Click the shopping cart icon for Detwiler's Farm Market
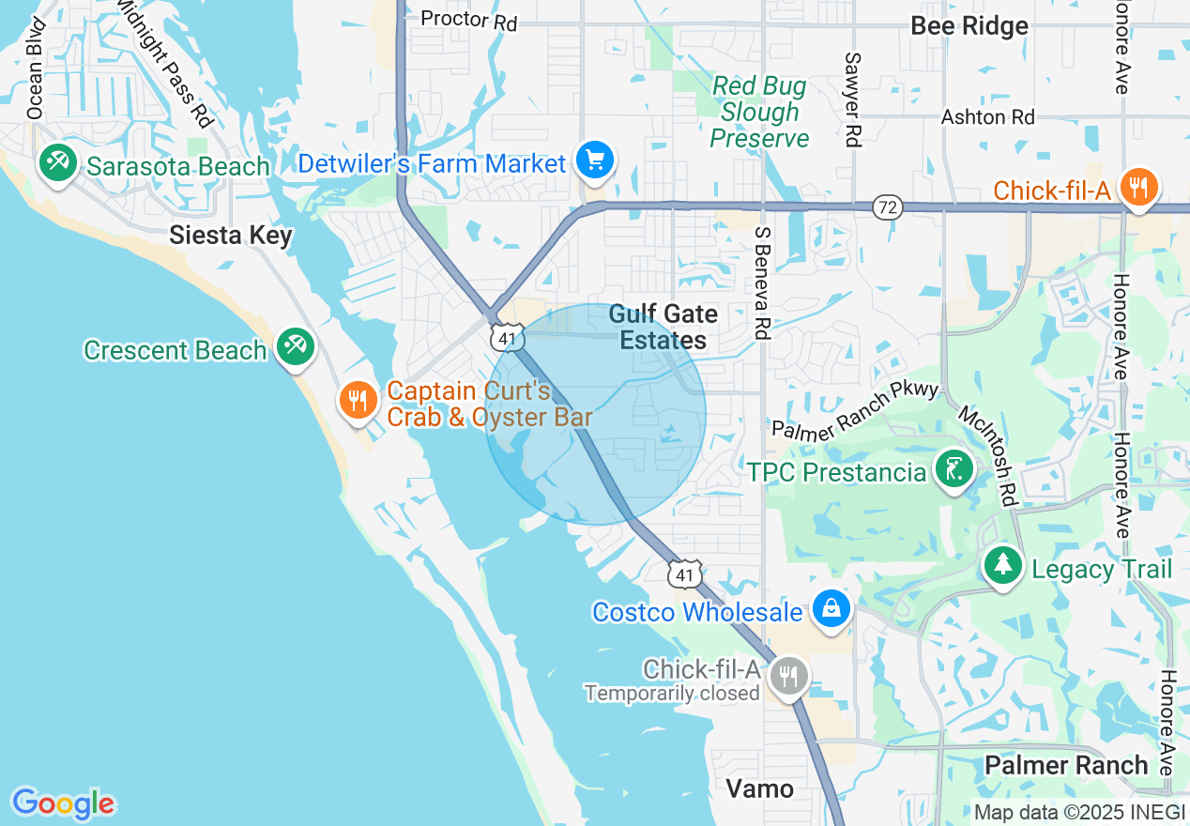click(x=593, y=161)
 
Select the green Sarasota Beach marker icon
click(x=58, y=163)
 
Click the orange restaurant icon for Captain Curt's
click(x=358, y=401)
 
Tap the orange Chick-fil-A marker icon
click(x=1138, y=188)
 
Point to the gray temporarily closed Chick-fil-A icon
click(x=789, y=675)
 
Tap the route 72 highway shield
click(x=887, y=206)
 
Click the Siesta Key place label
click(x=231, y=235)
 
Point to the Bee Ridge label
click(x=969, y=25)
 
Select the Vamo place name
click(x=760, y=788)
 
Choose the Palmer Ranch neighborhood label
click(x=1066, y=765)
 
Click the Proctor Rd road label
click(x=468, y=20)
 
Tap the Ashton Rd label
click(x=988, y=117)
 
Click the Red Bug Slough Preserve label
click(x=759, y=113)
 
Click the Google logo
click(x=63, y=803)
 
